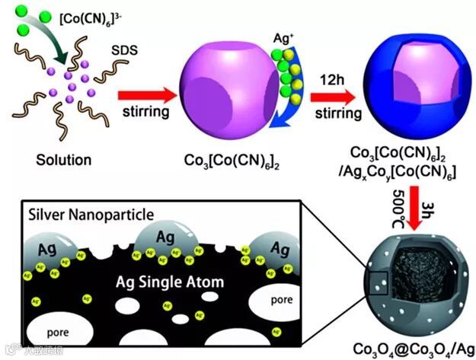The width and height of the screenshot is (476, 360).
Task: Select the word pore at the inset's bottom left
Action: click(58, 333)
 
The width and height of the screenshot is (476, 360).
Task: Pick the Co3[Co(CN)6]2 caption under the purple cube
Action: click(221, 161)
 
